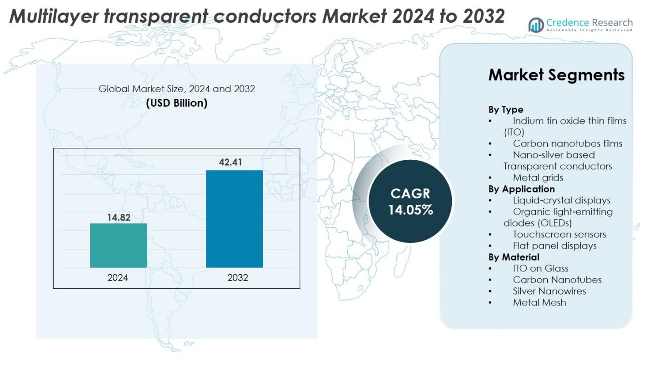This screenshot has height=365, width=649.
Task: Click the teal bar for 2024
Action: click(118, 246)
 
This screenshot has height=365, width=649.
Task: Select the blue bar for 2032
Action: click(234, 219)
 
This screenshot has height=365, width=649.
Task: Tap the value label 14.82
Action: click(119, 217)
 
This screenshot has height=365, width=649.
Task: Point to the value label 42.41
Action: click(230, 162)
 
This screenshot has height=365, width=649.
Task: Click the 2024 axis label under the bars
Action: click(118, 278)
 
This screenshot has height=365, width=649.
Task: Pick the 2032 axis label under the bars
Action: click(238, 278)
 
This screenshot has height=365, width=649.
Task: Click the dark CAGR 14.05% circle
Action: click(410, 201)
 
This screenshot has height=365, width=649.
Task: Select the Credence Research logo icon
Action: click(536, 25)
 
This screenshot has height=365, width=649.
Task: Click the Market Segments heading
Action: click(556, 75)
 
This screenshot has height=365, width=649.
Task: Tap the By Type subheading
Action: click(505, 109)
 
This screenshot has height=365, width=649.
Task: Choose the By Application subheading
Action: click(521, 189)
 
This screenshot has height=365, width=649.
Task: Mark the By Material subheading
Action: click(514, 257)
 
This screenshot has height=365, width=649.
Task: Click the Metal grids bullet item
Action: click(538, 178)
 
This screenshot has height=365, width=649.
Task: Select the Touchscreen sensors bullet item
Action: click(559, 234)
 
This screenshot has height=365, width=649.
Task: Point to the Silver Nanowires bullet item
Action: click(549, 291)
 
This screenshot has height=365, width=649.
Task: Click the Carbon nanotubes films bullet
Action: click(567, 143)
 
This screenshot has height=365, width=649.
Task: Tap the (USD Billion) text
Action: click(176, 103)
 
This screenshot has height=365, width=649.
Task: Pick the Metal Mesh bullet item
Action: click(539, 302)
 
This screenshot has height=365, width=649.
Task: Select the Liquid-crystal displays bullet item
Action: click(561, 200)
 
